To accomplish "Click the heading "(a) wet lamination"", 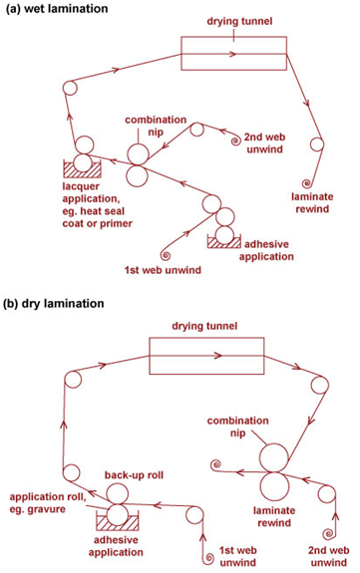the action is coord(57,8).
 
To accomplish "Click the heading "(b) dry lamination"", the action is coord(54,303).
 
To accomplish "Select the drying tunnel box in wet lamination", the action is coord(234,37).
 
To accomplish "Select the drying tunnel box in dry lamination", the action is coord(206,339).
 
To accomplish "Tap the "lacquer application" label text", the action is coord(91,192).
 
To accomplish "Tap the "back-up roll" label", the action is coord(134,475).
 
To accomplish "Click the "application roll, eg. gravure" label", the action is coord(48,503).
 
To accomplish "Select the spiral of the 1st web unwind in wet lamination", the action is coord(166,254).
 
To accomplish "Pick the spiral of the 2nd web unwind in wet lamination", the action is coord(236,141).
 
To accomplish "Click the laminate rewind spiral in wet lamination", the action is coord(306,182).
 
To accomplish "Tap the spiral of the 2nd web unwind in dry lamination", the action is coord(328,533).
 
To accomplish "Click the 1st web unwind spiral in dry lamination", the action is coord(208,557).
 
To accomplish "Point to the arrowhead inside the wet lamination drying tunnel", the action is coord(232,55).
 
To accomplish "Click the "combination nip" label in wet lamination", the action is coord(156,126).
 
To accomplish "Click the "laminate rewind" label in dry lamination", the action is coord(274,516).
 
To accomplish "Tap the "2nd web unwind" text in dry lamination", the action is coord(328,556).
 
